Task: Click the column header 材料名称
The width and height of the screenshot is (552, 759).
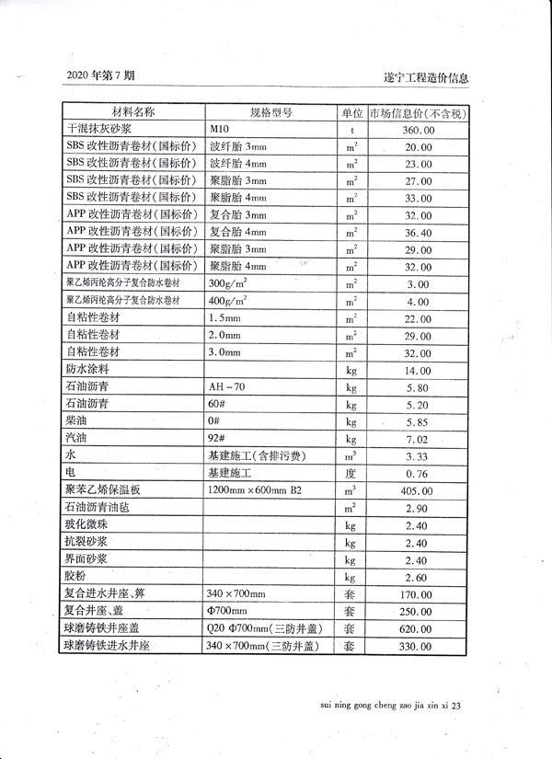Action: tap(132, 113)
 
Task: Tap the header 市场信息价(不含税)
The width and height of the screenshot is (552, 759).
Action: tap(418, 113)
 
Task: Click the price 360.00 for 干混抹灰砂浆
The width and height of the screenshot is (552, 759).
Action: tap(418, 131)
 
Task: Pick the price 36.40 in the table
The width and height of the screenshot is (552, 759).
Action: tap(418, 233)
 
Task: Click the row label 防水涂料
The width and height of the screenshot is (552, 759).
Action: tap(88, 369)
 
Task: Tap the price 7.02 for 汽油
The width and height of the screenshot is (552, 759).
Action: tap(418, 438)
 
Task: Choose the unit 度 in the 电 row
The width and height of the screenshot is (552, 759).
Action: tap(351, 473)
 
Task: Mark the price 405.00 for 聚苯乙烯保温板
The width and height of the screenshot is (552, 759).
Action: tap(418, 490)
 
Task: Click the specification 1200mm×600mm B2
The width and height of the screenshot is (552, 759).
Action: tap(255, 489)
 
